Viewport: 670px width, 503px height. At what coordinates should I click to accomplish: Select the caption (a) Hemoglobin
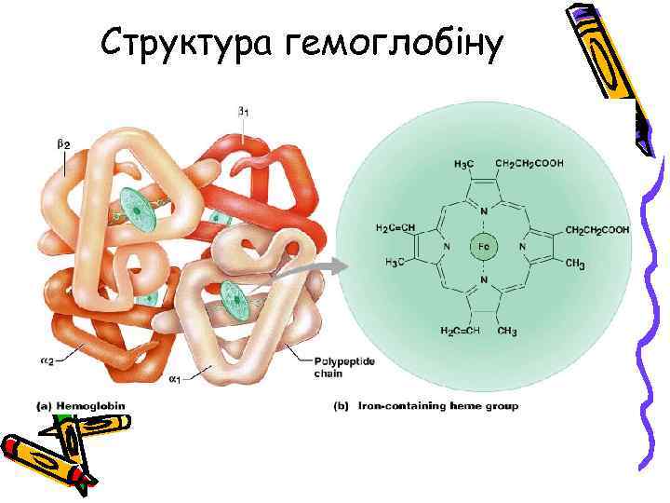pos(80,406)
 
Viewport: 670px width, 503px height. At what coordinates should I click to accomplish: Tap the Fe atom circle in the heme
pos(484,246)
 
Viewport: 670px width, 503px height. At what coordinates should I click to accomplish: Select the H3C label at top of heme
pos(462,164)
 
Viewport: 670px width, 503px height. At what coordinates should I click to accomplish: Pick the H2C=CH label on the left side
pos(395,229)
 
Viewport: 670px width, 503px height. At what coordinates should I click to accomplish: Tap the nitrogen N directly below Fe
pos(484,279)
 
